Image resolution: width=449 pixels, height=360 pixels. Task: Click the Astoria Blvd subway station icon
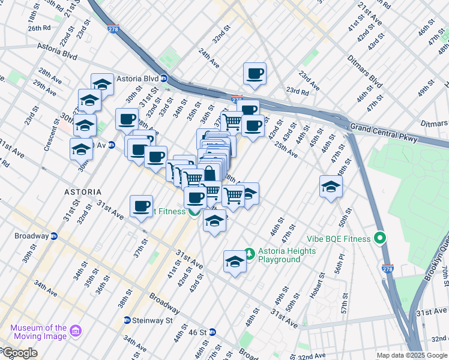click(x=163, y=79)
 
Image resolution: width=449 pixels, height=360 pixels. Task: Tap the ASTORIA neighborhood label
click(x=83, y=191)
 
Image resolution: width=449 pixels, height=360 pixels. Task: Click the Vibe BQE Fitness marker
click(x=379, y=239)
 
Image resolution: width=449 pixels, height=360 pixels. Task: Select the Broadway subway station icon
click(x=53, y=236)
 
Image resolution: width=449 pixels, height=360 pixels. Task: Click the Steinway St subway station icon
click(x=127, y=320)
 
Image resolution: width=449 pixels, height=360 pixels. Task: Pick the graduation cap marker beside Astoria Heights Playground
click(x=235, y=261)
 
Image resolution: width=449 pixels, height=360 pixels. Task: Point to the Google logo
click(x=19, y=353)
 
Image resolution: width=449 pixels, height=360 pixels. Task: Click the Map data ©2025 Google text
click(x=412, y=355)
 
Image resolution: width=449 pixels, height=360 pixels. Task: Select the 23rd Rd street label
click(x=297, y=91)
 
